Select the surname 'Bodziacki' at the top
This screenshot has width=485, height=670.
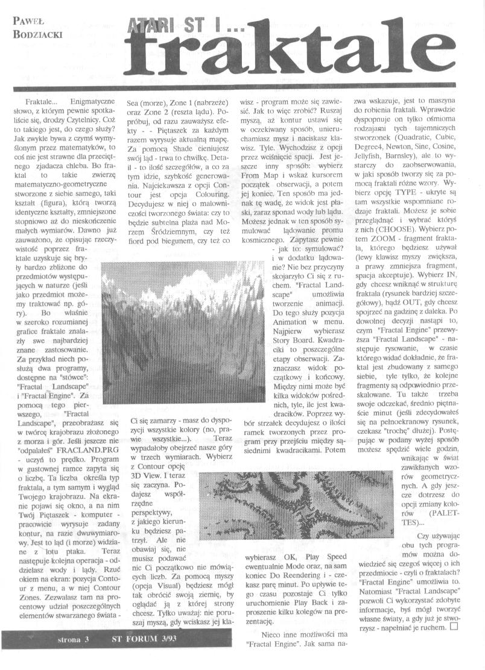(x=37, y=34)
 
